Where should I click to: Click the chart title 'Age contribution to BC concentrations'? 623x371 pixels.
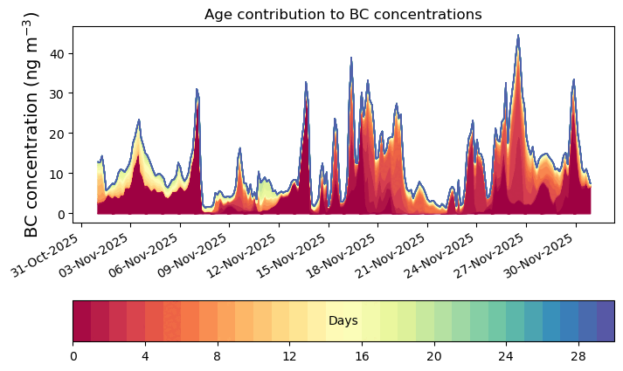[x=343, y=14]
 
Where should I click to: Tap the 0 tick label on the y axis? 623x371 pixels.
[x=62, y=214]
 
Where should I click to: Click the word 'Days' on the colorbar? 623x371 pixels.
[x=343, y=321]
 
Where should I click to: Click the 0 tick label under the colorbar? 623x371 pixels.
[x=73, y=356]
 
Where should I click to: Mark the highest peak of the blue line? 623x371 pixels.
[x=518, y=36]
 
